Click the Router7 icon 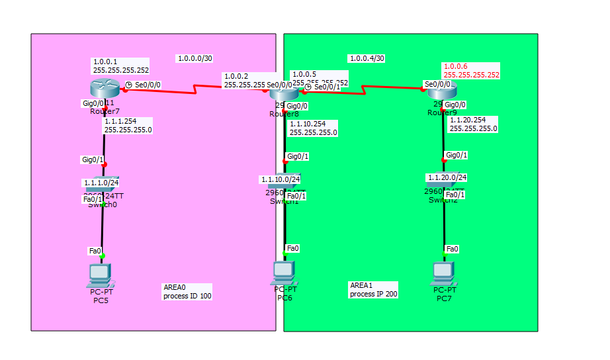(x=104, y=87)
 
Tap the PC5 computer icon (x=101, y=274)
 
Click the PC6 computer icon (x=284, y=272)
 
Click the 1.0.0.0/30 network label (x=195, y=58)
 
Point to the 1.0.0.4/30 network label (x=367, y=58)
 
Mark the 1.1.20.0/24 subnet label (x=446, y=177)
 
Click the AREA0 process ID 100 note (x=187, y=292)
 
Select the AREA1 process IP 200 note (x=373, y=289)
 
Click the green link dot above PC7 (x=445, y=255)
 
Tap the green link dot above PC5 (x=103, y=255)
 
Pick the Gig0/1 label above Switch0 (x=93, y=159)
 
